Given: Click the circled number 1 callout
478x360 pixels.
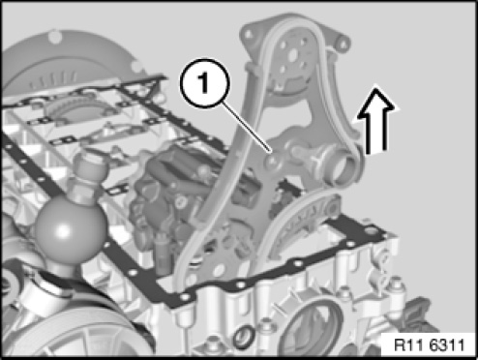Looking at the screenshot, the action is (205, 83).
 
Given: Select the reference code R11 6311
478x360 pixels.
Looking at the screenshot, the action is (430, 345).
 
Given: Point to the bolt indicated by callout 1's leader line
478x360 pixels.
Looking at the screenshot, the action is (273, 159).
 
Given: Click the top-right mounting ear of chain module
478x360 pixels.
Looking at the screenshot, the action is (343, 42).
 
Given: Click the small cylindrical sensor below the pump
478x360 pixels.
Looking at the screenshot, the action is (161, 250).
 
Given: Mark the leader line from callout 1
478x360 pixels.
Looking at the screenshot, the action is (248, 127).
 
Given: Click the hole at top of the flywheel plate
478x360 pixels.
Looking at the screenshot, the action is (55, 36).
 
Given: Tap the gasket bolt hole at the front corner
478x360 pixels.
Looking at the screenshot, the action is (185, 296).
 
